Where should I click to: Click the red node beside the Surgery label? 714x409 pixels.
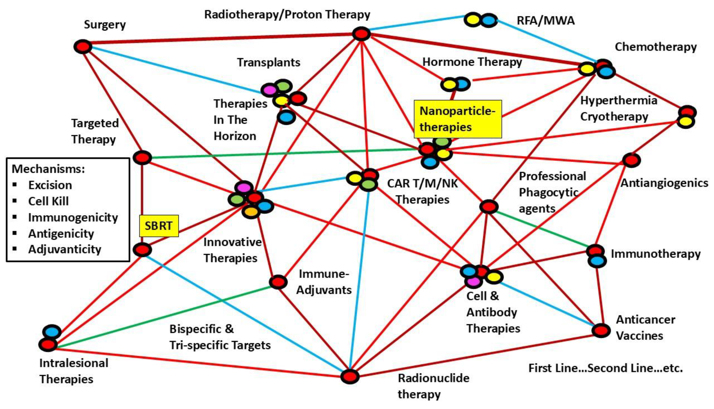[x=83, y=47]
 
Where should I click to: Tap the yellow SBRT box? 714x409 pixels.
[x=159, y=226]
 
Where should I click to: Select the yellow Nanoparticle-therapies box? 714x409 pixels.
[x=457, y=119]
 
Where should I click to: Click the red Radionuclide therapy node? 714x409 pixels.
[x=350, y=376]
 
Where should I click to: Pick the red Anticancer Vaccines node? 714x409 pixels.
[x=601, y=331]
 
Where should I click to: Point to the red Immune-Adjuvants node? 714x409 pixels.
[x=278, y=282]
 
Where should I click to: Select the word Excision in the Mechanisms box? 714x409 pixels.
[x=50, y=185]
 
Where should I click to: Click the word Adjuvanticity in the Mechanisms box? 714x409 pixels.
[x=65, y=249]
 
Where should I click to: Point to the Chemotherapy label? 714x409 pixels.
[x=656, y=47]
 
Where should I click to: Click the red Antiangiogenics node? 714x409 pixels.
[x=631, y=160]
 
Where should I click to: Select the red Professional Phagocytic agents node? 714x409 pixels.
[x=489, y=207]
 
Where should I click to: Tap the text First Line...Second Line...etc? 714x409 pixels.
[x=606, y=368]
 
